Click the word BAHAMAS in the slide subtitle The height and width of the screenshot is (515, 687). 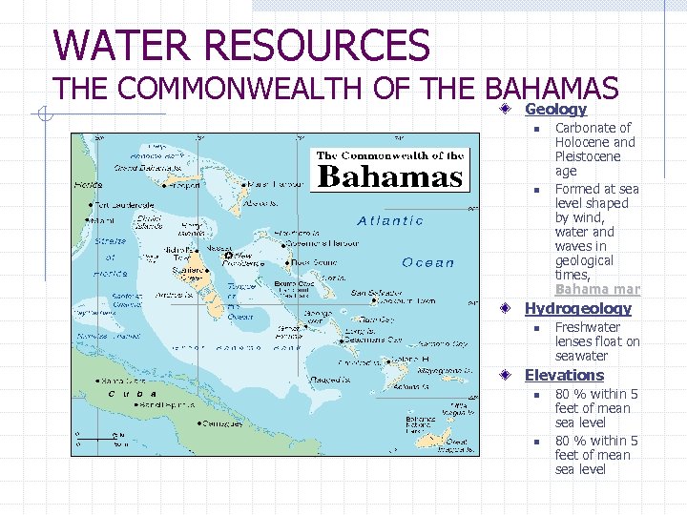[552, 89]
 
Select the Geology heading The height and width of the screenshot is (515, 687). [555, 110]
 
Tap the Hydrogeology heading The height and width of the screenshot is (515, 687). [578, 308]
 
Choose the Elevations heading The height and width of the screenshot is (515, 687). [564, 375]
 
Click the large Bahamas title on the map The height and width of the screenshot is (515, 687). [389, 176]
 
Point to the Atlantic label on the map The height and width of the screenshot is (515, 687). [390, 220]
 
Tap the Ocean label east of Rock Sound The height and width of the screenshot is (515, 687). [428, 263]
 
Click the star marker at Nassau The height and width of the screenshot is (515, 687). [227, 256]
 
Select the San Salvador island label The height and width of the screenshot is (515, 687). [376, 293]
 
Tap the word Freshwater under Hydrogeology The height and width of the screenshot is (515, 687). [588, 327]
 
